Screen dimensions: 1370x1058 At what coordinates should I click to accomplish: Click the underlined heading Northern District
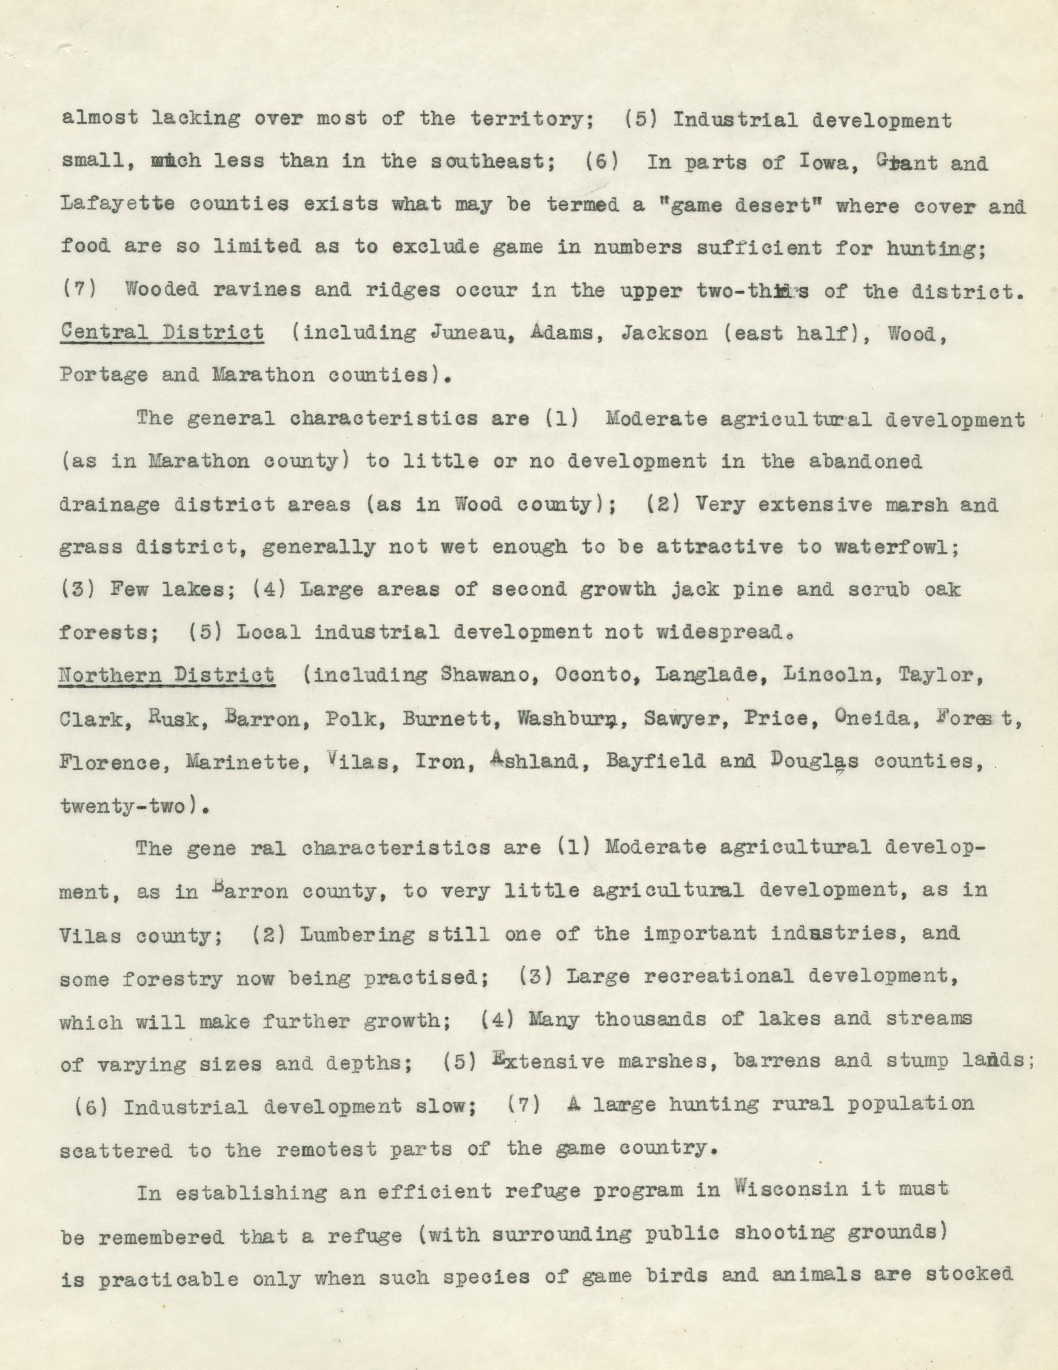[x=166, y=676]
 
